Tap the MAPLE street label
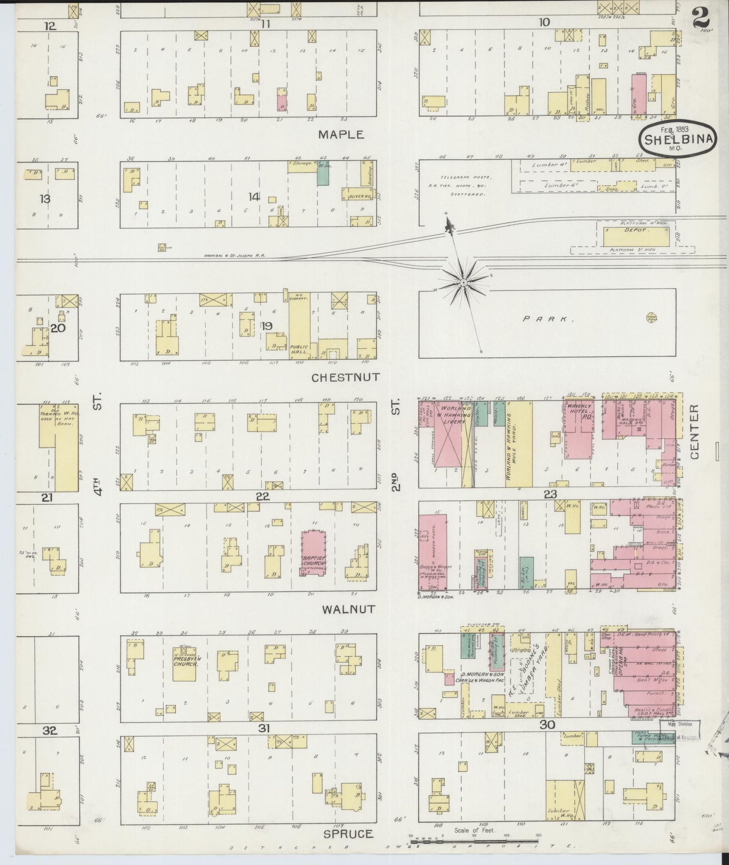pos(341,134)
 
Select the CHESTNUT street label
pos(346,377)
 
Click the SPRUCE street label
pos(348,834)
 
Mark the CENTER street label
pos(695,431)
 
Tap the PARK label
pos(547,319)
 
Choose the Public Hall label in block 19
pos(299,349)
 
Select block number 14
pos(254,197)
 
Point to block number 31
pos(263,728)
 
